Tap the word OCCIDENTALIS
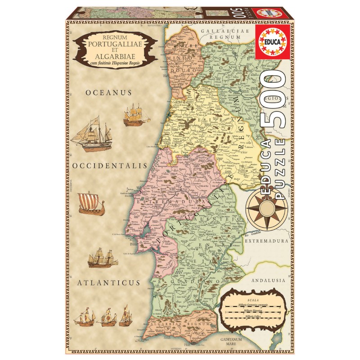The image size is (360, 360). (x=109, y=166)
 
